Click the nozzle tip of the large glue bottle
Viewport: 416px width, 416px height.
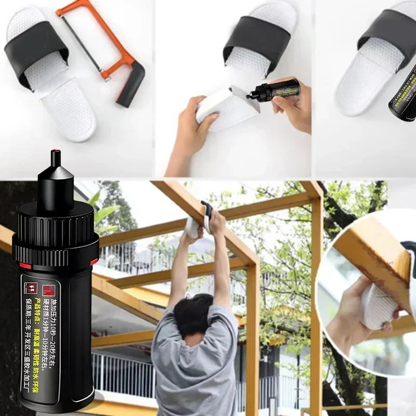56,159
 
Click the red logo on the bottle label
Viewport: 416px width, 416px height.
49,288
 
